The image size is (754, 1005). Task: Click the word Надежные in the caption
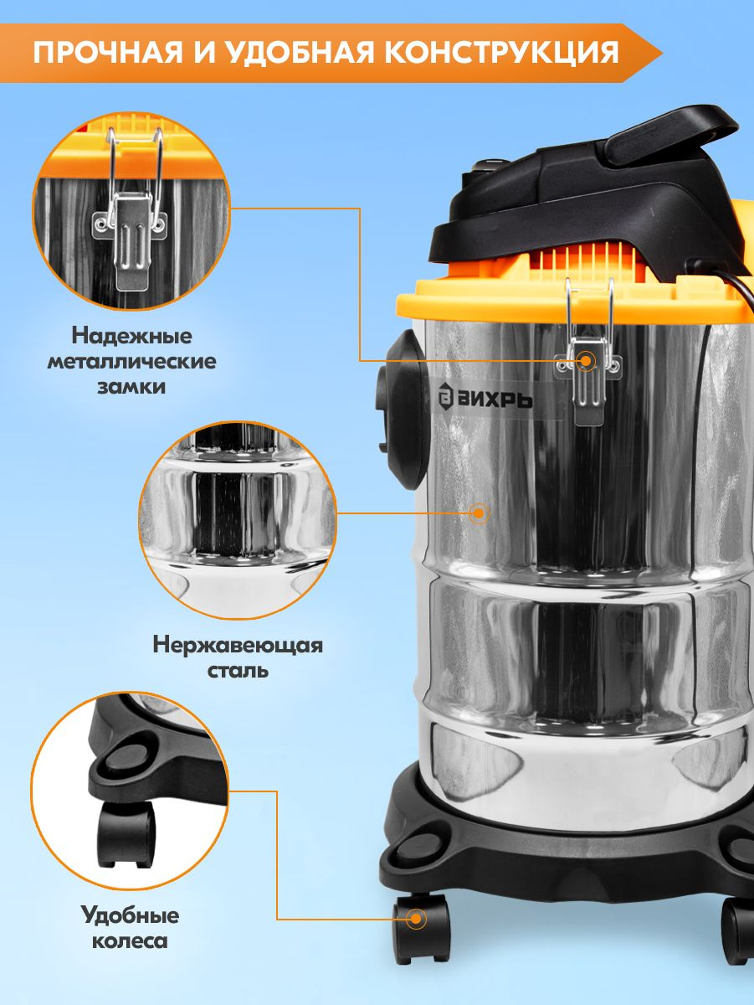[131, 337]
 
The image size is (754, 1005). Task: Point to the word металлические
[131, 362]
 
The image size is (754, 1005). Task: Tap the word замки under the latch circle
[131, 388]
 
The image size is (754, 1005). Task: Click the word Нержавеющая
[238, 647]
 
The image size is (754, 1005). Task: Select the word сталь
[238, 671]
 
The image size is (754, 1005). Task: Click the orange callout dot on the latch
[586, 361]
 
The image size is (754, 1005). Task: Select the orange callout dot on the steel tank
[479, 513]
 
